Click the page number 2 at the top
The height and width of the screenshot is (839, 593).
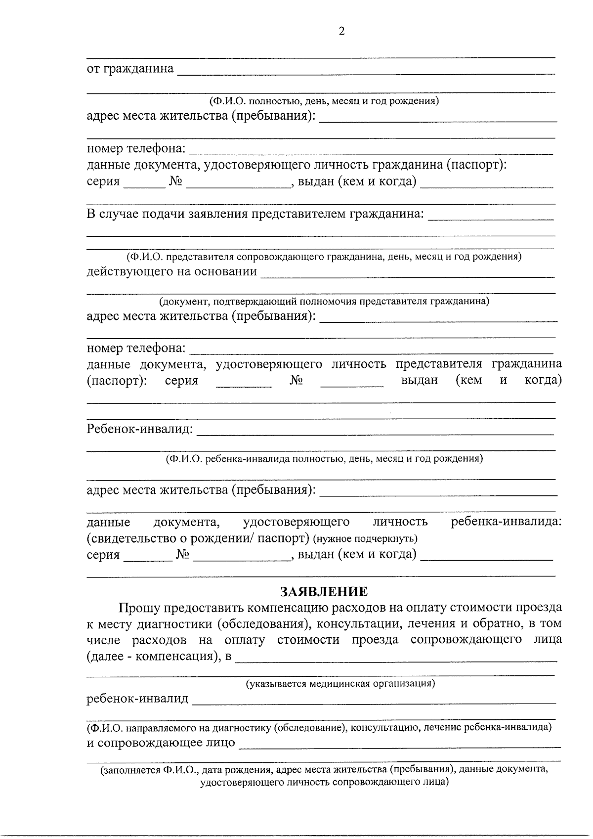click(x=341, y=32)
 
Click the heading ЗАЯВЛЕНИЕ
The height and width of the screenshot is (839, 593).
click(x=324, y=592)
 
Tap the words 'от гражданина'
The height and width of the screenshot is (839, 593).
click(x=130, y=69)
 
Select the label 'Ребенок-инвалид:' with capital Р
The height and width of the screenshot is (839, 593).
click(x=140, y=429)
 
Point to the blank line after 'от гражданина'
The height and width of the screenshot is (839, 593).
click(x=366, y=73)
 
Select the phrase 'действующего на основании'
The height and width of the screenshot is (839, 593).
click(x=172, y=271)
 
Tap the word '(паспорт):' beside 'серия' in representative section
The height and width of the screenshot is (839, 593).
click(x=117, y=381)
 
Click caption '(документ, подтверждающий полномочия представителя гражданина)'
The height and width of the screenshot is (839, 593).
click(x=324, y=301)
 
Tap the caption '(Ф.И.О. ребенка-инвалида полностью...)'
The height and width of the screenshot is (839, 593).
click(x=324, y=458)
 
